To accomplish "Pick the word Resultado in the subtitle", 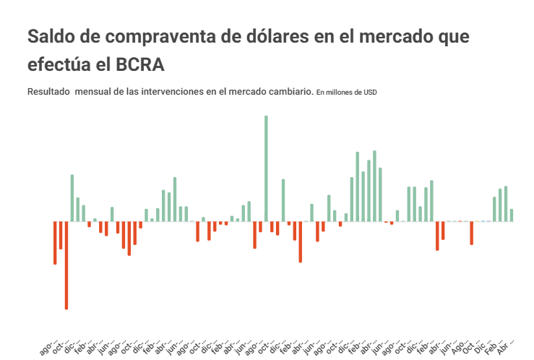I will coord(48,92).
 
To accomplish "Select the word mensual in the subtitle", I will coord(95,92).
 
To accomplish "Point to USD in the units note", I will coord(369,93).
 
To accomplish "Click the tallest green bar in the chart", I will coord(266,168).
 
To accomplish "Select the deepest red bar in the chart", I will coord(66,265).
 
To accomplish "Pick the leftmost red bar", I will coord(55,242).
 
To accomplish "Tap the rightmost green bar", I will coord(512,215).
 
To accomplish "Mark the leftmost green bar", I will coord(72,197).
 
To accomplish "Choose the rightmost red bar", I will coord(471,233).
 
